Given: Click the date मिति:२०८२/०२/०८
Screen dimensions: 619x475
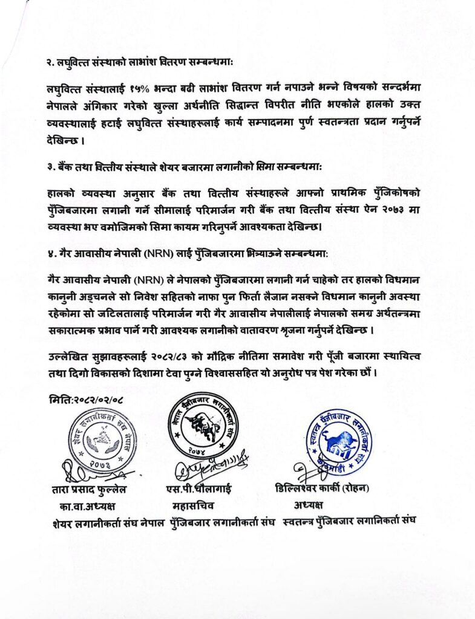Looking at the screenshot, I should (85, 400).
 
